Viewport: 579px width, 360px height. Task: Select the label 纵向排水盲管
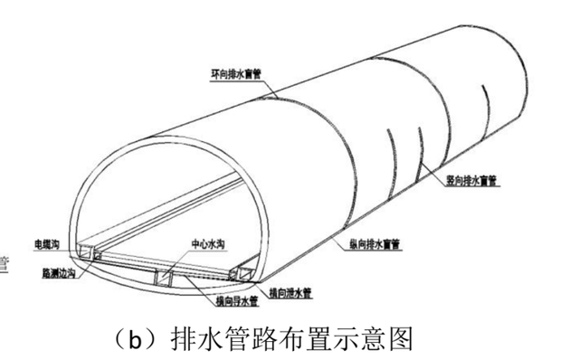(375, 242)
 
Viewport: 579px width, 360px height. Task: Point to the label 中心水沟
(206, 243)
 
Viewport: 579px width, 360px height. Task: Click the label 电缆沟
(46, 244)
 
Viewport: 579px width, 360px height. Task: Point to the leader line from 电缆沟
(74, 246)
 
